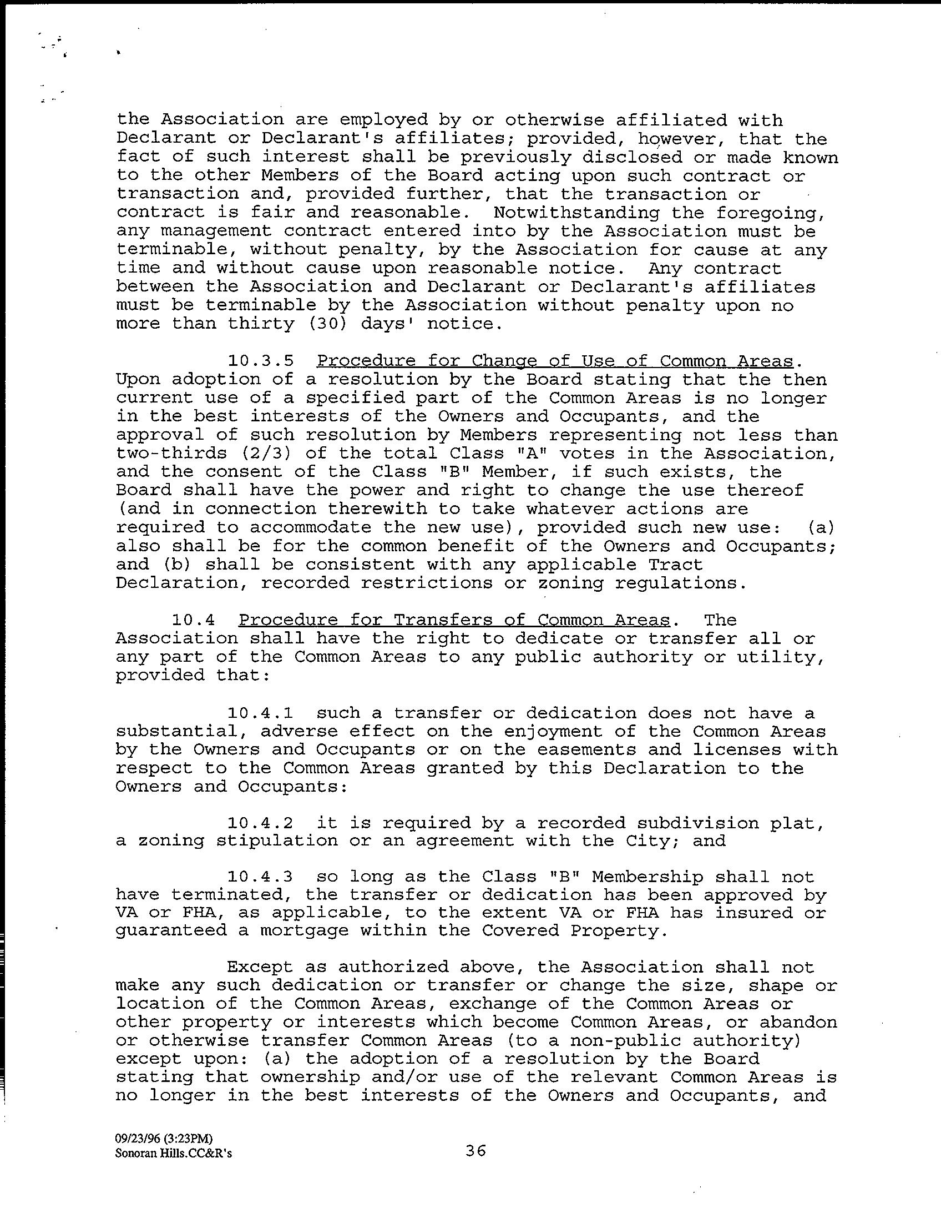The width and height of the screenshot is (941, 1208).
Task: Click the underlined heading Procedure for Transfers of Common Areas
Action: (454, 620)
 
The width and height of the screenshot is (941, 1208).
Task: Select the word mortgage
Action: (305, 930)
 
